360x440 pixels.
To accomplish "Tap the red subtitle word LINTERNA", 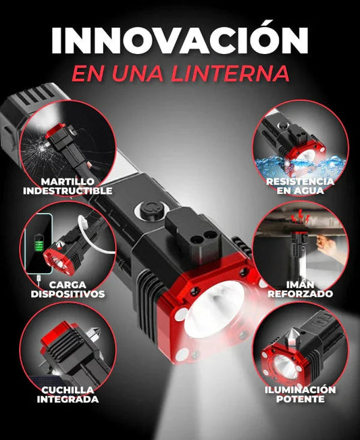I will (227, 72).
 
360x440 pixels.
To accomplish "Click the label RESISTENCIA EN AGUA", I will (299, 186).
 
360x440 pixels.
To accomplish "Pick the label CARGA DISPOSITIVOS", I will (68, 289).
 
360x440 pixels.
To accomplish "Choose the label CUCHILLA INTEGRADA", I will (68, 395).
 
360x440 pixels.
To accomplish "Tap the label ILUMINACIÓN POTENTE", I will (300, 395).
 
